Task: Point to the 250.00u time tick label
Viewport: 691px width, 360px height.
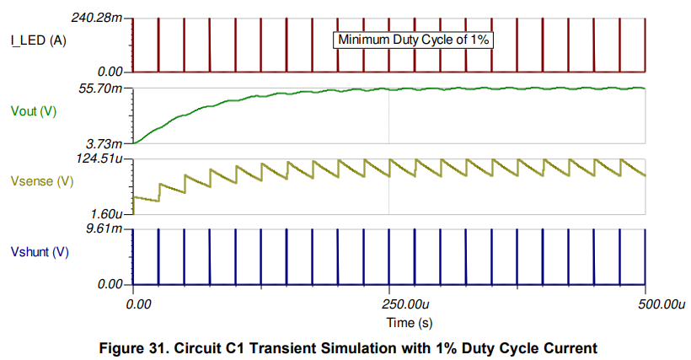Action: [388, 302]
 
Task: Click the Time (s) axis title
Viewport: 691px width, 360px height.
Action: [388, 322]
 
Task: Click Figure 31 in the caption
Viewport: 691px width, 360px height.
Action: [136, 347]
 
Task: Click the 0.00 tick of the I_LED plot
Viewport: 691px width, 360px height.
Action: [116, 73]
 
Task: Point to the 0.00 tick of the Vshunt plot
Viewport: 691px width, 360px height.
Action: [116, 285]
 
